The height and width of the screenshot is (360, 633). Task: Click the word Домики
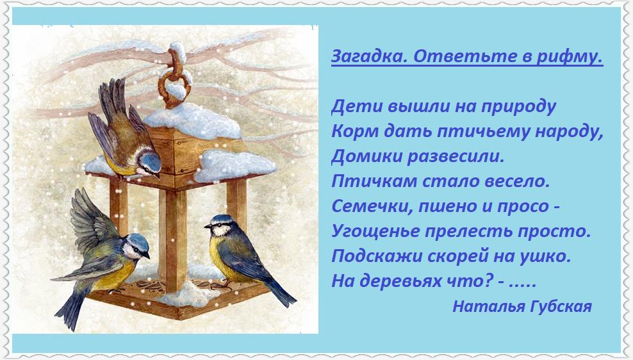click(366, 156)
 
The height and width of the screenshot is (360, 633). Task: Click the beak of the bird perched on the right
click(208, 226)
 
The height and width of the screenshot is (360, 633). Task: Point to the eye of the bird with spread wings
click(137, 248)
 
